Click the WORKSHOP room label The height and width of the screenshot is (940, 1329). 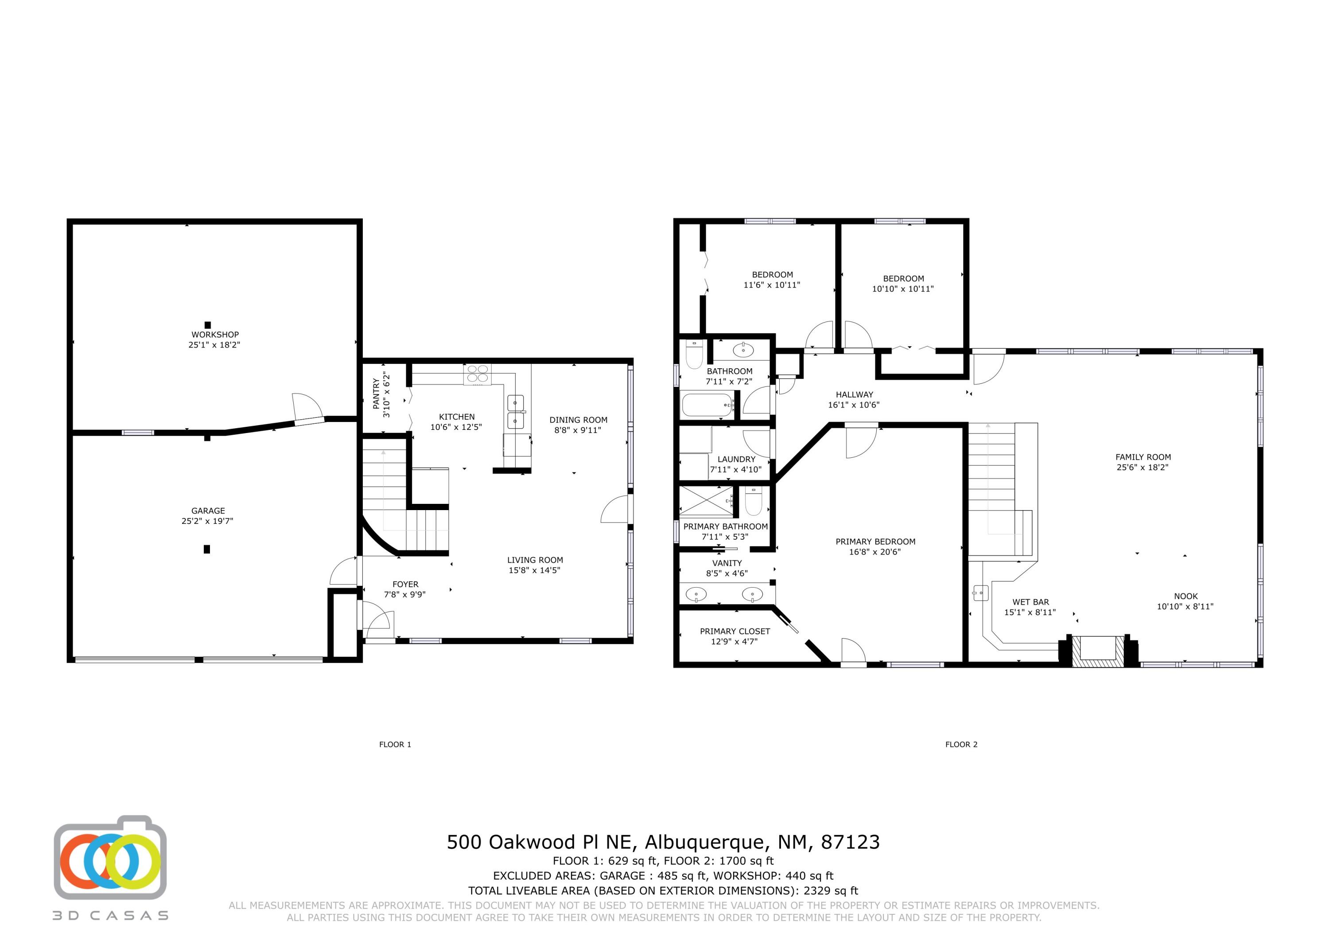[215, 334]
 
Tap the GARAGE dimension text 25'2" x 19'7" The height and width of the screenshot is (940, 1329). [208, 521]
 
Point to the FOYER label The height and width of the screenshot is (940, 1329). [405, 585]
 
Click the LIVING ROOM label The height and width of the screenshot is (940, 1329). [535, 560]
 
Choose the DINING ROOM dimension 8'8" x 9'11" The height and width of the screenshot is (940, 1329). [578, 430]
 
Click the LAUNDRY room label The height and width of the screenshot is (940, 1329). [736, 459]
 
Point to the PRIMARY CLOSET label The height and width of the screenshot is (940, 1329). [734, 631]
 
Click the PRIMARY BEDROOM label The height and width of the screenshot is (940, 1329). [875, 542]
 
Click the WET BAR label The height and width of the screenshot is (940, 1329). [1030, 602]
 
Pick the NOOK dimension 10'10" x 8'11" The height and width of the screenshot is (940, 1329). [1185, 606]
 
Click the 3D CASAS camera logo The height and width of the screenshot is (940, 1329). [110, 857]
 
